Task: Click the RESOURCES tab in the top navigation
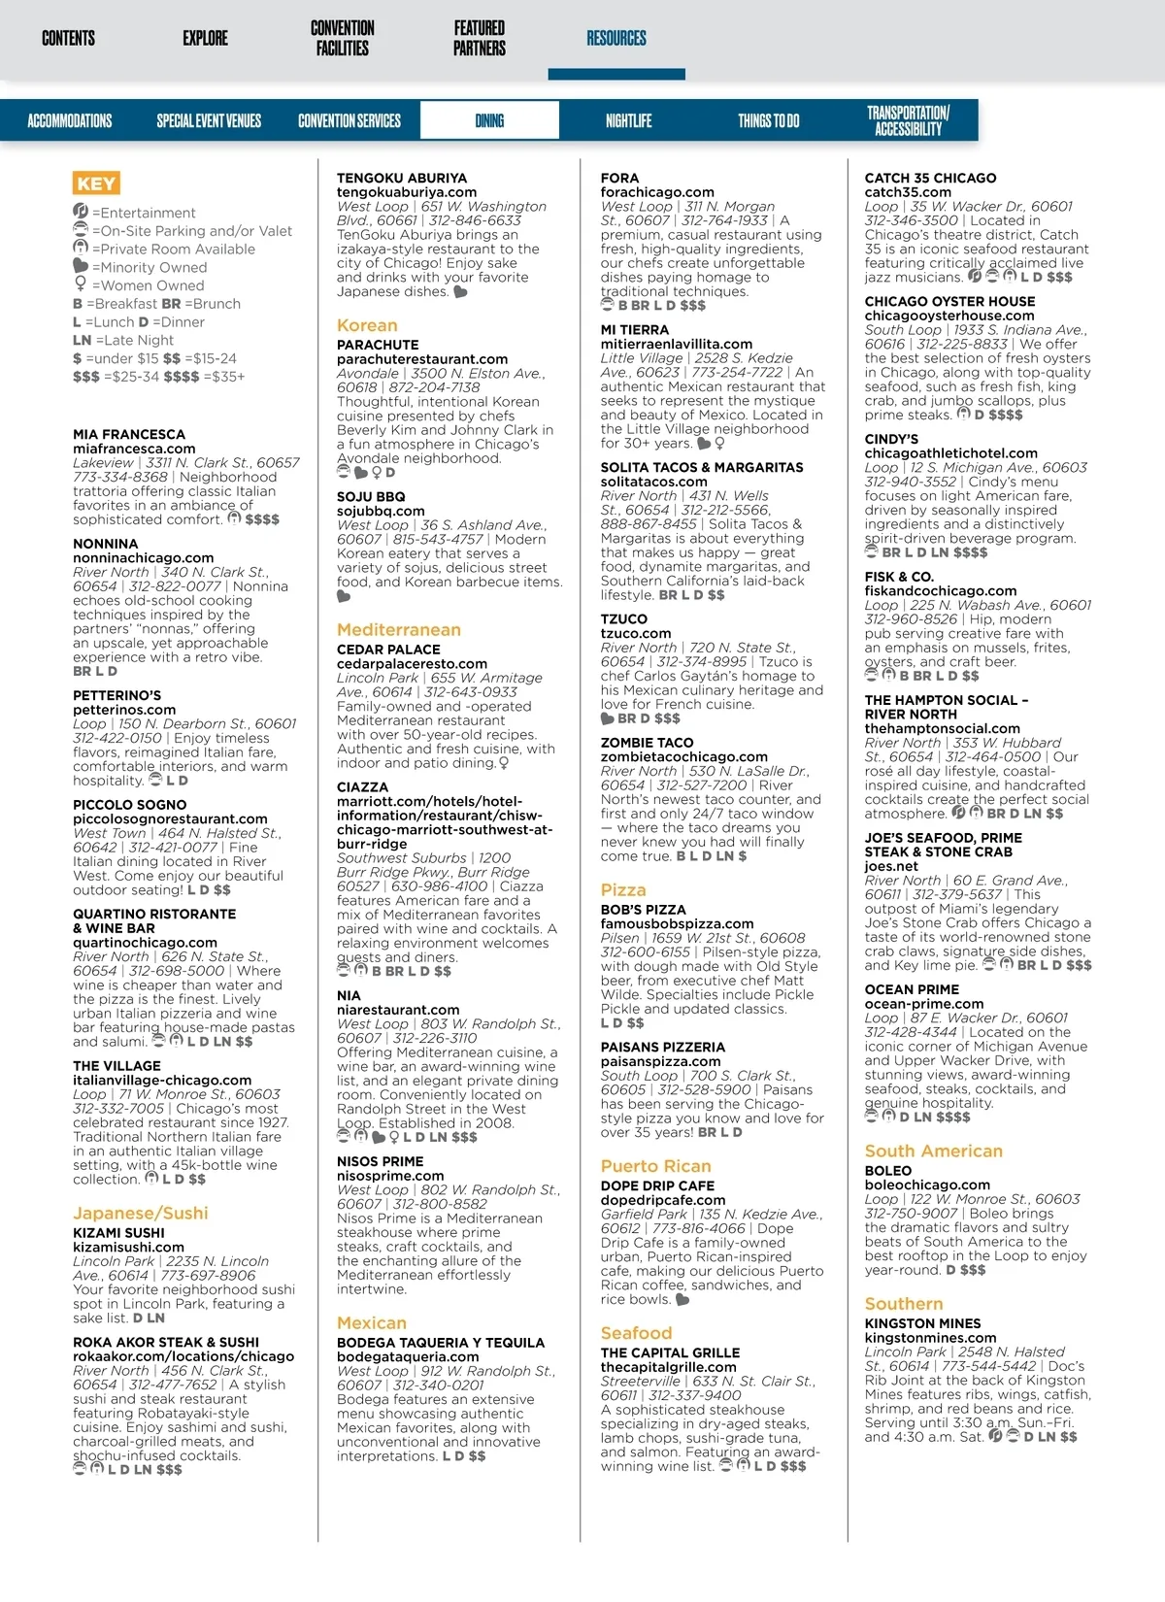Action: point(616,39)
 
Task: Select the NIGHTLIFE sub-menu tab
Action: point(628,121)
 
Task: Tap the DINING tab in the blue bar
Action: point(489,121)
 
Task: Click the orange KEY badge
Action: point(95,184)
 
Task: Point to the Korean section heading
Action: point(367,325)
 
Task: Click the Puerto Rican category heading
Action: point(655,1166)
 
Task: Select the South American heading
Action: point(933,1151)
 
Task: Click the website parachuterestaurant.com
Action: point(422,359)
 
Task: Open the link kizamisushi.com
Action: point(128,1248)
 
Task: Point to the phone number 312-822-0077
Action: point(176,586)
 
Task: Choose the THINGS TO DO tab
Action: point(768,121)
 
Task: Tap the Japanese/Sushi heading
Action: point(140,1213)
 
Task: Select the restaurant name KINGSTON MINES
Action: point(922,1323)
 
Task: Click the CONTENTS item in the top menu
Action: point(68,39)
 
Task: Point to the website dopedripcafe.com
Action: point(662,1200)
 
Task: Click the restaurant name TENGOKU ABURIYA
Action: point(401,179)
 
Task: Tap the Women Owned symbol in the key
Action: point(81,284)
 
